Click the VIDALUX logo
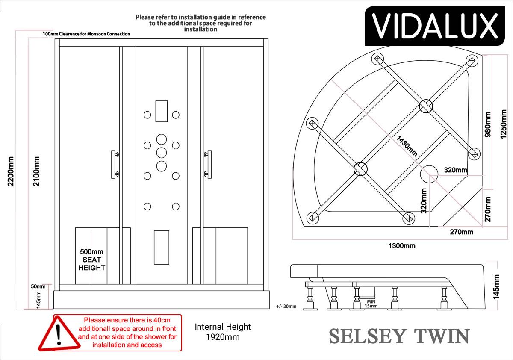click(434, 26)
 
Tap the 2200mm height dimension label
click(11, 171)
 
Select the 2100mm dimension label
click(36, 171)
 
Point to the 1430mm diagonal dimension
click(407, 146)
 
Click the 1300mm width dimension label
click(402, 246)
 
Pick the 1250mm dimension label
click(503, 124)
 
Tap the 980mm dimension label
click(488, 124)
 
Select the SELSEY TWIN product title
click(400, 336)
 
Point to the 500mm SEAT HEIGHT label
click(91, 260)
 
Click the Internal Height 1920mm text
click(223, 332)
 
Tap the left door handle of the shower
click(115, 165)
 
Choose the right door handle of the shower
click(208, 165)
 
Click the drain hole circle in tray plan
click(429, 174)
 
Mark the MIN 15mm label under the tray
click(371, 304)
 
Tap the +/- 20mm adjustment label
click(286, 307)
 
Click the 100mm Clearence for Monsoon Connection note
click(86, 34)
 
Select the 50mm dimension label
click(38, 286)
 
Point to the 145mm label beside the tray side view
click(496, 287)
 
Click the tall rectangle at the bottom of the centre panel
click(162, 247)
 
